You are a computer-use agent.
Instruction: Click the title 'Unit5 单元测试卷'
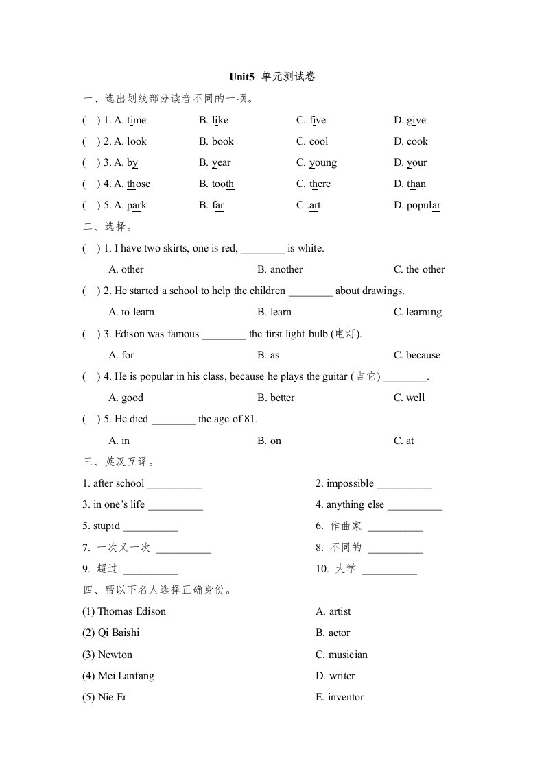pos(272,77)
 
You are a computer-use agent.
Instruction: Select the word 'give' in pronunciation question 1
pos(416,121)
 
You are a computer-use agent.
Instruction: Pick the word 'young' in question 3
pos(322,163)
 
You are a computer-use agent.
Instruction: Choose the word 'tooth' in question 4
pos(223,184)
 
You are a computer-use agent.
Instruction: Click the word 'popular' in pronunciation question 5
pos(423,206)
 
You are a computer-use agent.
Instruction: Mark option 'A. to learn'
pos(132,313)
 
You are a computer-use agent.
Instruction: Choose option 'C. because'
pos(417,355)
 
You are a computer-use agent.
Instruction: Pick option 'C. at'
pos(404,441)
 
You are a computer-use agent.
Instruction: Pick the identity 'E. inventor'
pos(340,697)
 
